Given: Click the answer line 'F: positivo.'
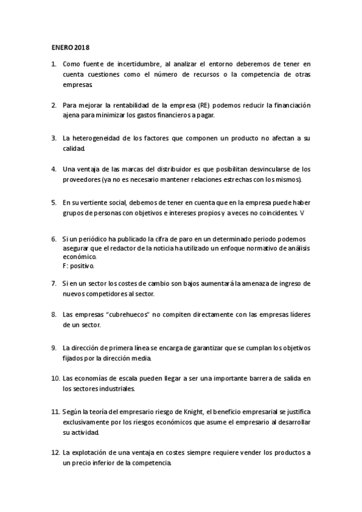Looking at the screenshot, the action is (79, 265).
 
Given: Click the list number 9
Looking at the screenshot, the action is (54, 348).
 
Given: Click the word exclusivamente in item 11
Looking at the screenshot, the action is (86, 422).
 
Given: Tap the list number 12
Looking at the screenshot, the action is (55, 453).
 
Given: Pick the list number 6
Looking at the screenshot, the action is (54, 239).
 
